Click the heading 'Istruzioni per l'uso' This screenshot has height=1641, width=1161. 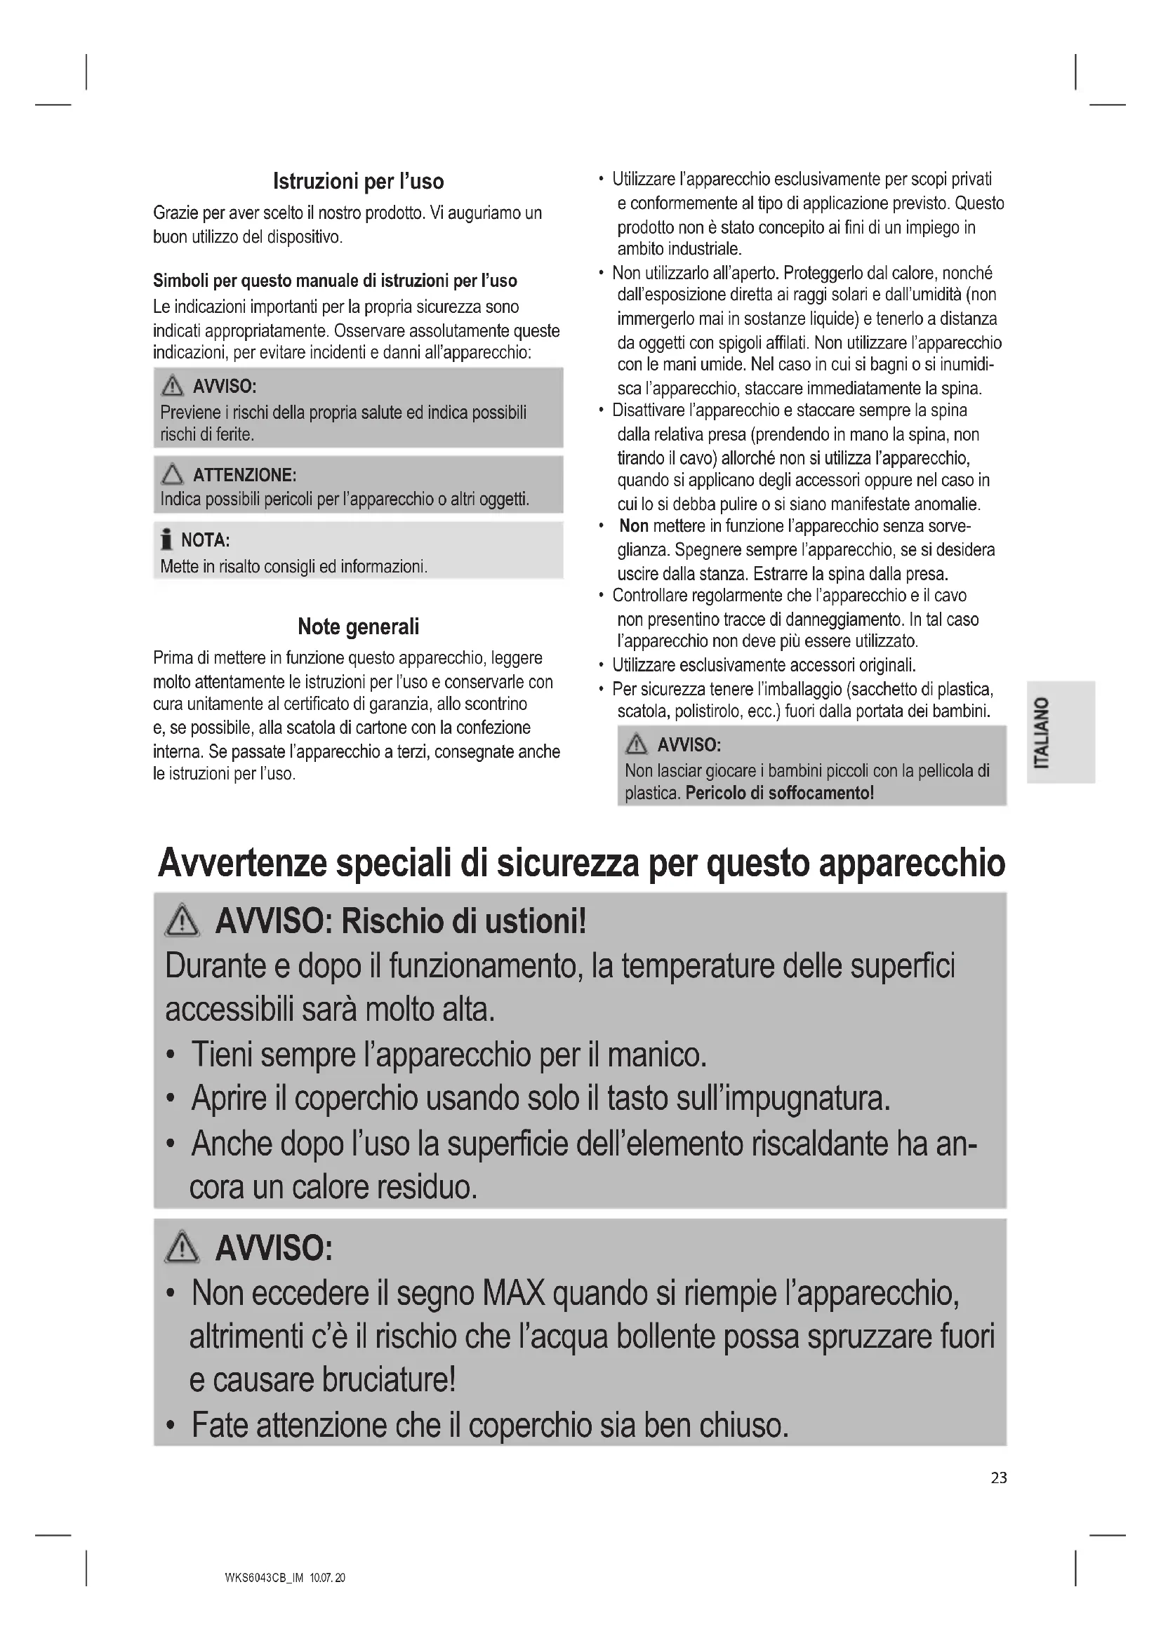point(358,182)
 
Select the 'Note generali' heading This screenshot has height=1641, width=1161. point(358,627)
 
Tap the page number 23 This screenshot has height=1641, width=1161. point(999,1478)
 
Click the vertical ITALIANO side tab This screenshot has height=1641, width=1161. point(1060,732)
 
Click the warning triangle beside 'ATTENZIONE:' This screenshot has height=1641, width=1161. point(172,474)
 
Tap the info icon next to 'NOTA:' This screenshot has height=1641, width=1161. point(166,539)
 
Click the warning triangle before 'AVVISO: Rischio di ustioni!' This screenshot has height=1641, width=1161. point(183,921)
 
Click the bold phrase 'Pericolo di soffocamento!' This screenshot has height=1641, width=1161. point(779,793)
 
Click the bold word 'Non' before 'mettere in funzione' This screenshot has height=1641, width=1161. point(633,526)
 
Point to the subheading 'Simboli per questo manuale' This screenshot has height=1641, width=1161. point(335,280)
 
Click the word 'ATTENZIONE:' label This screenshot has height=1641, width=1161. point(244,475)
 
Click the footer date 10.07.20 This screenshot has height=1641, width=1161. point(327,1578)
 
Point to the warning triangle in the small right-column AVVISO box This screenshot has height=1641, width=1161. point(635,745)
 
